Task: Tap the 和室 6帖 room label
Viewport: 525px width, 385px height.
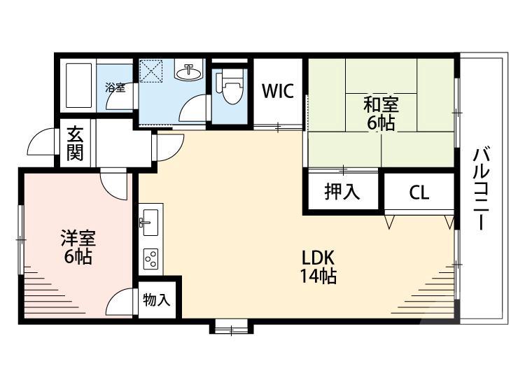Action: tap(381, 114)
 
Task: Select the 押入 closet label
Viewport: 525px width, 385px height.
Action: tap(342, 191)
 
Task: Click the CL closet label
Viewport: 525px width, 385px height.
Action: tap(419, 192)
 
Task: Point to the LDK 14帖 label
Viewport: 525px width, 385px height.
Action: tap(318, 267)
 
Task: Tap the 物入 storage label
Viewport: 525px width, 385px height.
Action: tap(156, 300)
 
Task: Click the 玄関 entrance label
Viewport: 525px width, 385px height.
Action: tap(75, 143)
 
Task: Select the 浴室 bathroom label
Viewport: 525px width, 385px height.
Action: tap(115, 87)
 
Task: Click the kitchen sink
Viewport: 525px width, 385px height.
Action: tap(150, 223)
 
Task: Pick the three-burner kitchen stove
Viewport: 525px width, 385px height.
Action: tap(150, 259)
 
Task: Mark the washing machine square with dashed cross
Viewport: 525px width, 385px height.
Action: tap(150, 71)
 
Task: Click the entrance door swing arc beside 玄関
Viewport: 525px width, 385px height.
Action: tap(40, 144)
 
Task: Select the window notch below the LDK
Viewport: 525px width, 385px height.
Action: tap(229, 325)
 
